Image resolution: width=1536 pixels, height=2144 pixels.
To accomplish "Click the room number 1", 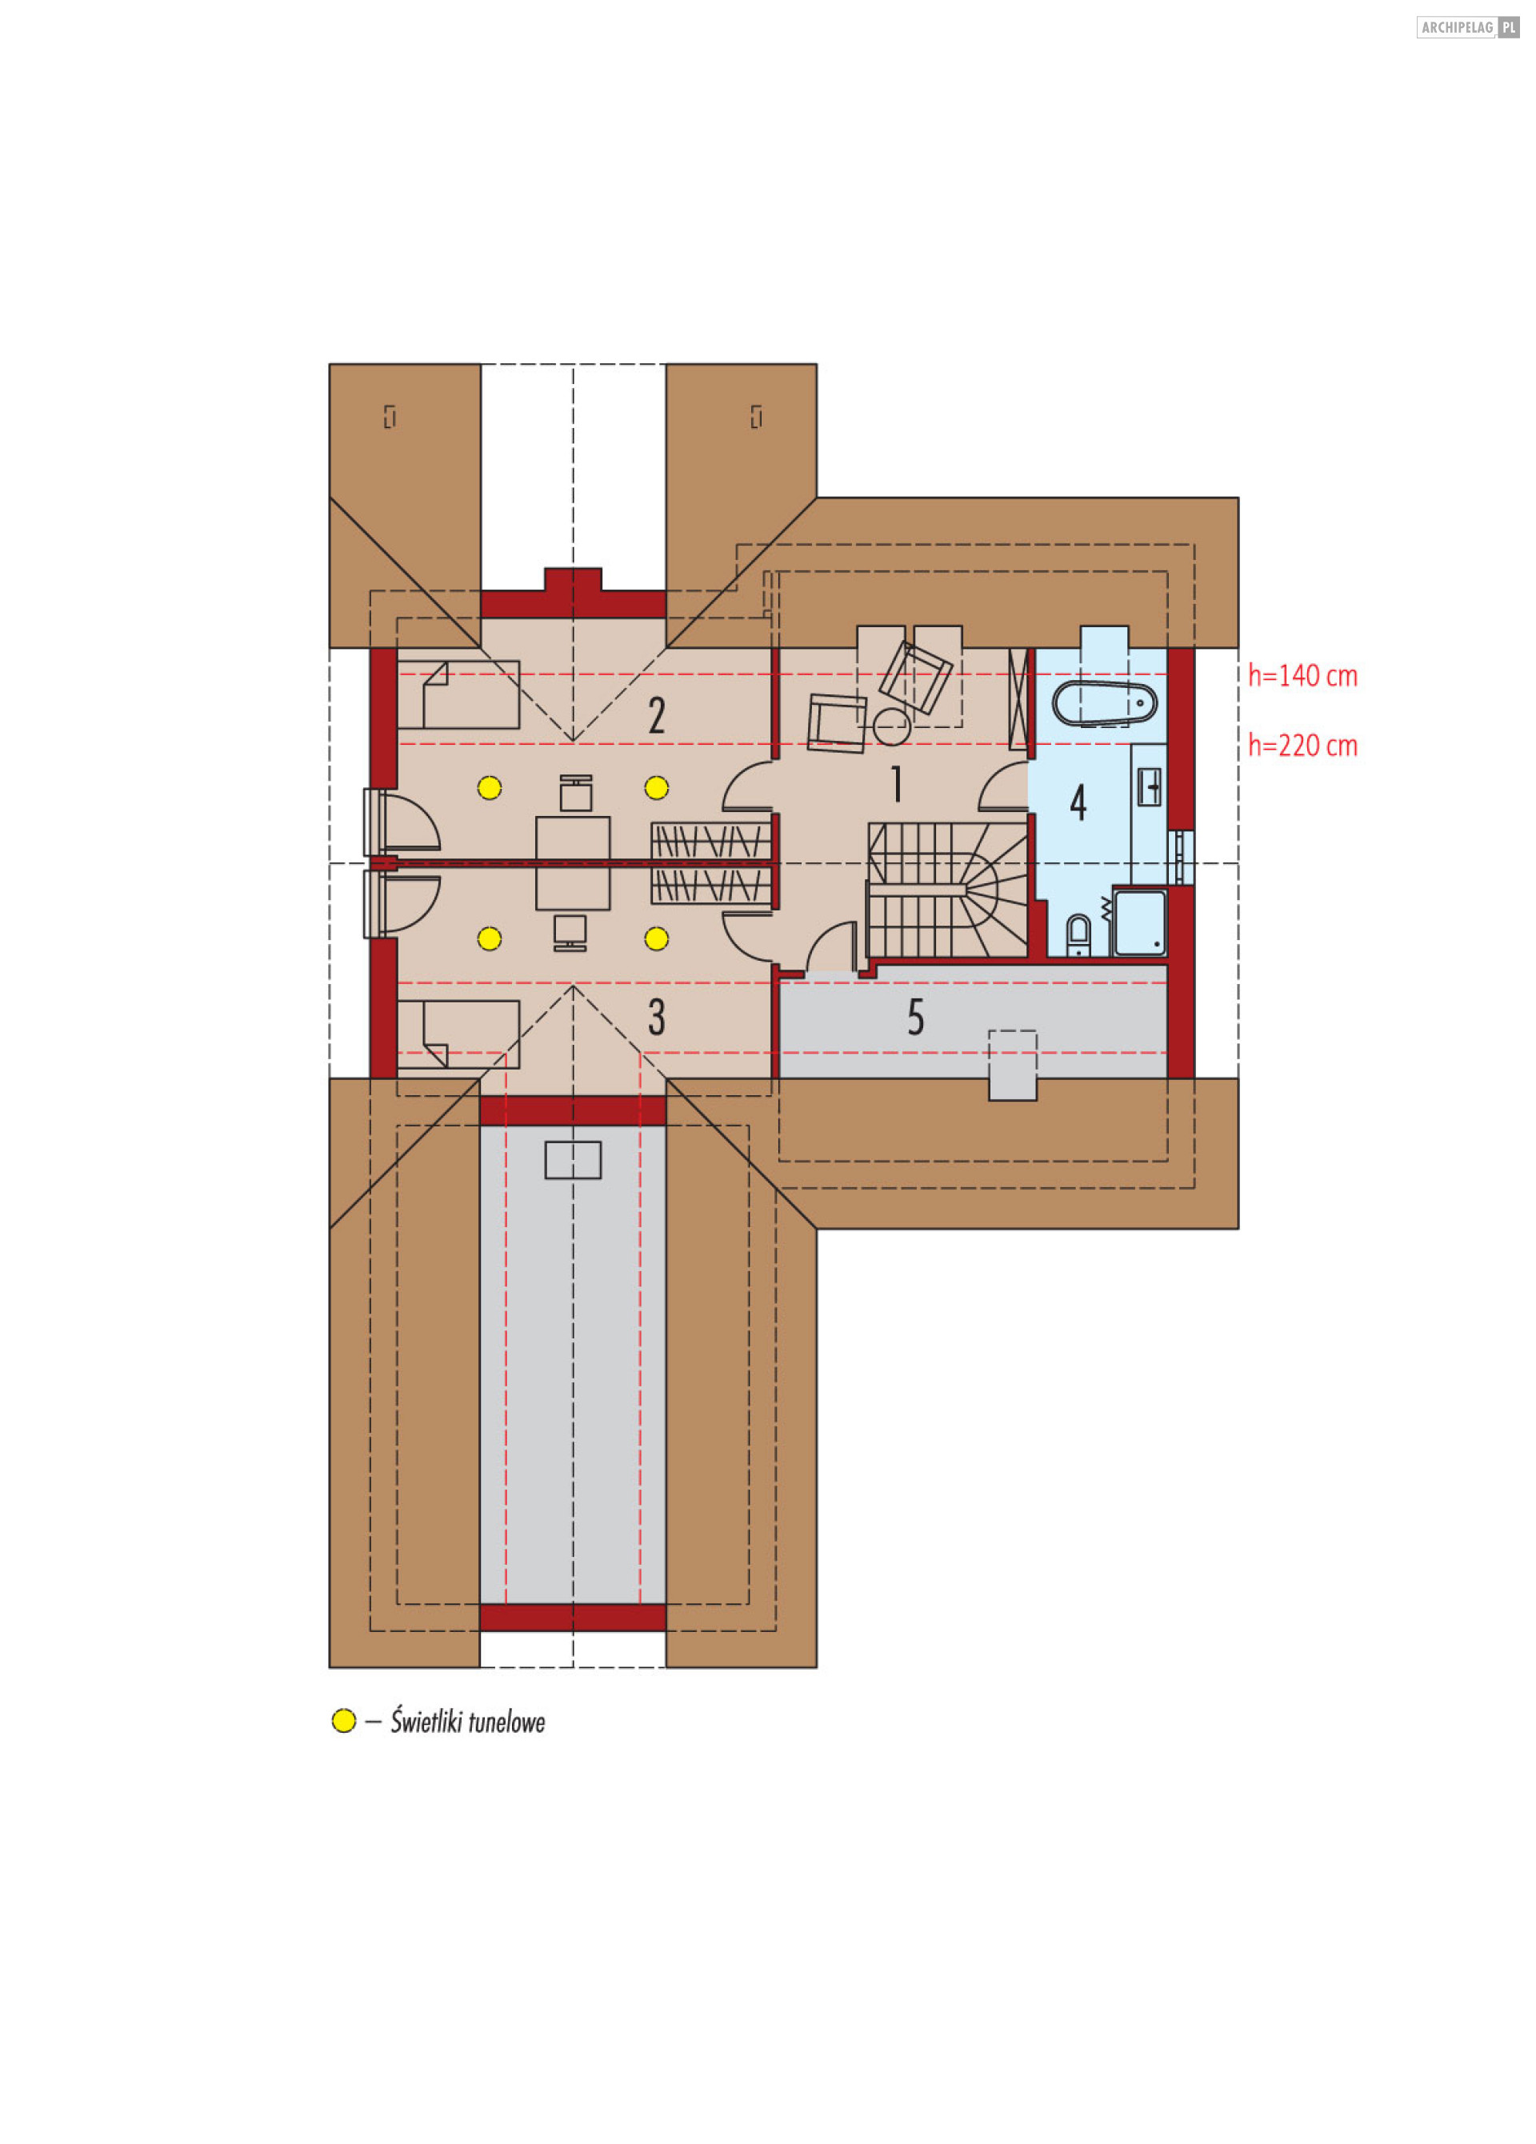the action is pos(895,784).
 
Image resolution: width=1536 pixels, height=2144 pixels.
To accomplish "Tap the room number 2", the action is pos(656,716).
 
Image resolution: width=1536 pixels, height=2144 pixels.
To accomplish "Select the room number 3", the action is pos(656,1017).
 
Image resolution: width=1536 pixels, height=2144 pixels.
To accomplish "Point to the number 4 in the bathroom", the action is pos(1078,802).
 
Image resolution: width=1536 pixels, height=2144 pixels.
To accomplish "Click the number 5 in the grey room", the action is pos(915,1017).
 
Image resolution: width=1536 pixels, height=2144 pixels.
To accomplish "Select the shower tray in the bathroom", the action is pos(1139,922).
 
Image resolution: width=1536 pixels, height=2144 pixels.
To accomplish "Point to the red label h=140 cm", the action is pos(1302,676).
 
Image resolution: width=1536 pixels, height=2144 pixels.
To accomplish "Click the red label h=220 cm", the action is pos(1302,746).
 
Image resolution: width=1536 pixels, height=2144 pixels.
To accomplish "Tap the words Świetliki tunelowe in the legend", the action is pos(468,1722).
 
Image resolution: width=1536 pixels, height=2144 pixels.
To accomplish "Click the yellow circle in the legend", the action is pos(343,1721).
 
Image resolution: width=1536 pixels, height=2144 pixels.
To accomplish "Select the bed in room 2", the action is pos(458,695).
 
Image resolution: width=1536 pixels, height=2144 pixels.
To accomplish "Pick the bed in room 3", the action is pos(458,1034).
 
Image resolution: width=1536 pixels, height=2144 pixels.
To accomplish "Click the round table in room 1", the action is pos(891,727).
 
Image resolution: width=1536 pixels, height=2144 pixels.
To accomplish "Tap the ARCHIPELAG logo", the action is pos(1467,27).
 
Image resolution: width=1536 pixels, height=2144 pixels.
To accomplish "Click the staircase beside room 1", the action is pos(947,890).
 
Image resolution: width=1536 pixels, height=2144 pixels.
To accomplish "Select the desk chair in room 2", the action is pos(576,793).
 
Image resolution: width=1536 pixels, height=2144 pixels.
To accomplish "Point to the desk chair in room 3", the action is pos(570,932).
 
